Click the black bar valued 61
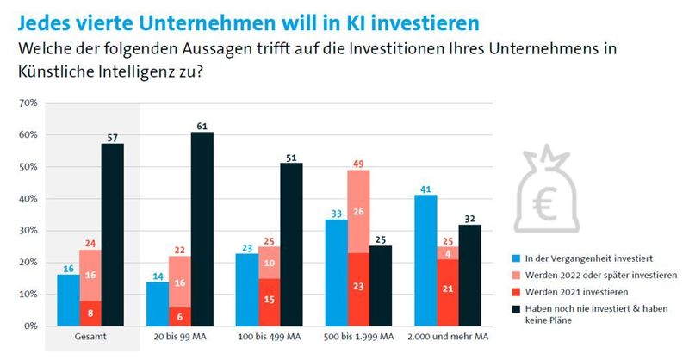202,229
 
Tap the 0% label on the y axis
29,326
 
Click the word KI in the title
362,18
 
